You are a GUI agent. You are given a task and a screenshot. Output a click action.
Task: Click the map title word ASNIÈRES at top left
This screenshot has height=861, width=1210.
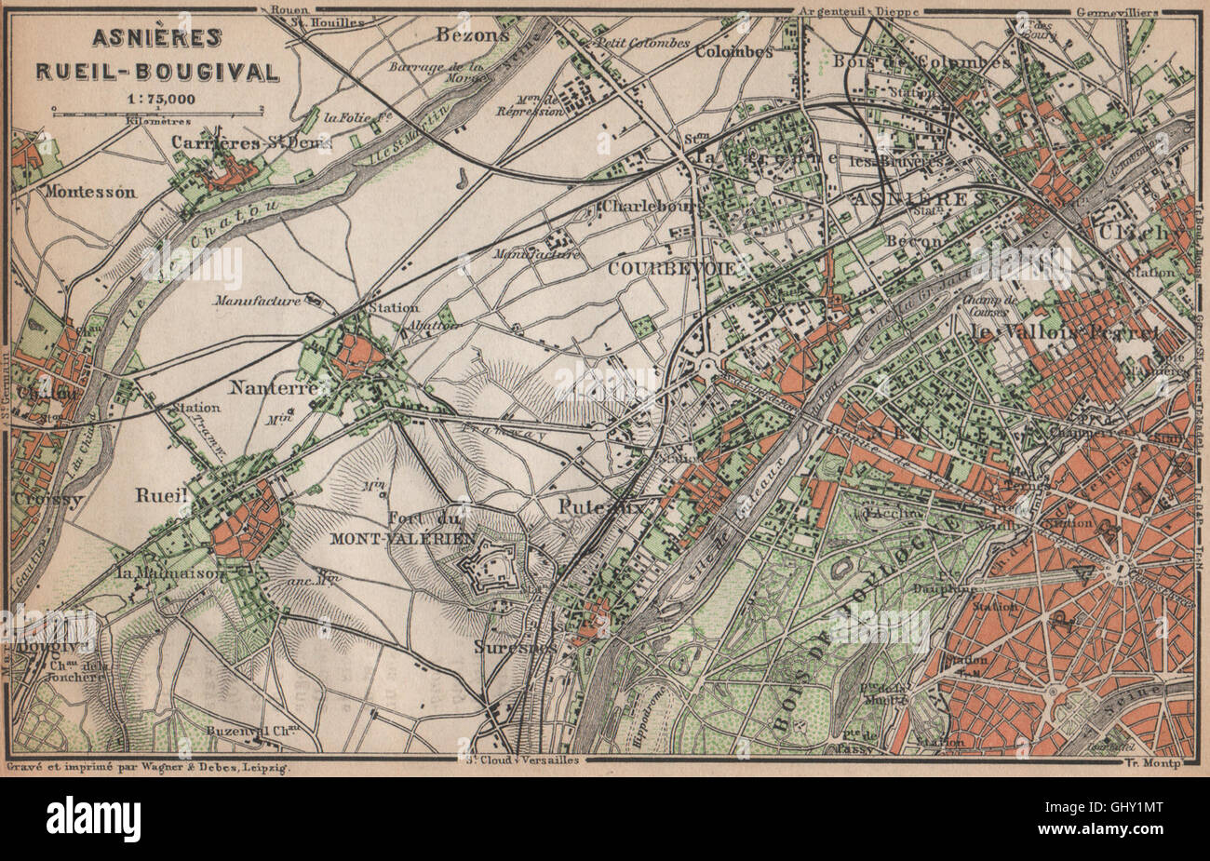155,37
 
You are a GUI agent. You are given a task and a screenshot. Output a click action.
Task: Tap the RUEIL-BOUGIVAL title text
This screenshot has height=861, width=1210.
155,70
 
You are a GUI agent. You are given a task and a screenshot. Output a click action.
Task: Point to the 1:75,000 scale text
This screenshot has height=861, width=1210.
155,97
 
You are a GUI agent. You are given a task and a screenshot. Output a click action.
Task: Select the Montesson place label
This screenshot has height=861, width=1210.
89,193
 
